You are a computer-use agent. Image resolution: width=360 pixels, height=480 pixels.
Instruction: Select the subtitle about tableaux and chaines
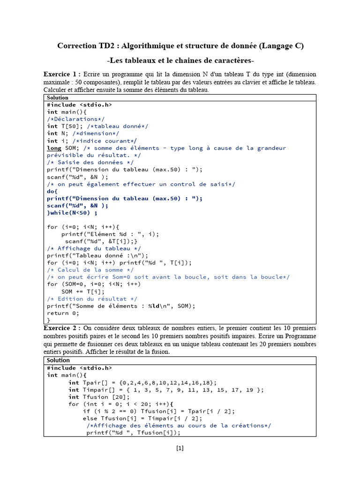coord(180,61)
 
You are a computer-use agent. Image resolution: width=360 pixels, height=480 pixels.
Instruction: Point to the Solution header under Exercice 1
coord(58,97)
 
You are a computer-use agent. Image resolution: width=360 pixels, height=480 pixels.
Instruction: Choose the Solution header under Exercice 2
coord(58,360)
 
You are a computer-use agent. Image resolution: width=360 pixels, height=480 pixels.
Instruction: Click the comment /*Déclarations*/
coord(76,119)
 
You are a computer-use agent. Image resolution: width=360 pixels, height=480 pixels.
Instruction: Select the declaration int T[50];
coord(65,126)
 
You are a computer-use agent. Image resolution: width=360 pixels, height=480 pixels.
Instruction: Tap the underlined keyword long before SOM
coord(54,148)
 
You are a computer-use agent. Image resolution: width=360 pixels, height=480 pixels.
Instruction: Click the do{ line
coord(52,191)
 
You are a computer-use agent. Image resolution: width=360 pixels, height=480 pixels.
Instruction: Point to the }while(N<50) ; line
coord(72,212)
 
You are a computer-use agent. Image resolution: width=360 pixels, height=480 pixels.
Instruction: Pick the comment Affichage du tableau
coord(94,248)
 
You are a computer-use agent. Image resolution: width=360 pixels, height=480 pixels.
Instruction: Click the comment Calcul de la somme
coord(90,270)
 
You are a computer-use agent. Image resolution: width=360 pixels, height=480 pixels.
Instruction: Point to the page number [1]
coord(180,448)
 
